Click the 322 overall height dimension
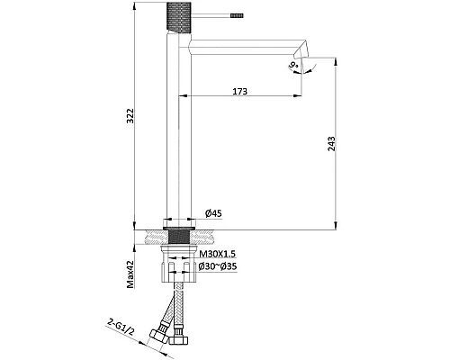(130, 115)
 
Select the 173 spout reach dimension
(240, 91)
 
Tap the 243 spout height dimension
(332, 144)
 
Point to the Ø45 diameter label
(213, 213)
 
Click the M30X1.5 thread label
(218, 254)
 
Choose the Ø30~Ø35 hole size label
(218, 266)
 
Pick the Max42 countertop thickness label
(130, 274)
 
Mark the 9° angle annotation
(293, 65)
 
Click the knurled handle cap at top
(179, 16)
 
